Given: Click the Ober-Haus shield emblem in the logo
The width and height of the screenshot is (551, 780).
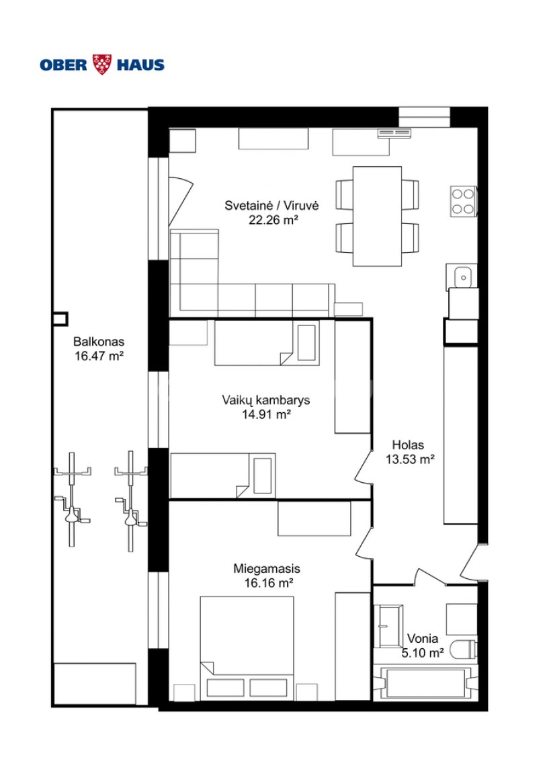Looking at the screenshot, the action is click(x=102, y=65).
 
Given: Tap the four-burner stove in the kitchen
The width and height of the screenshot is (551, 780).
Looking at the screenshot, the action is click(x=463, y=202).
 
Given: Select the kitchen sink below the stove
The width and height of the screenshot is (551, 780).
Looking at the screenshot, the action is click(x=462, y=276).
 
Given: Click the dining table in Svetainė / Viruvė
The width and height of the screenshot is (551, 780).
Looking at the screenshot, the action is click(x=378, y=217).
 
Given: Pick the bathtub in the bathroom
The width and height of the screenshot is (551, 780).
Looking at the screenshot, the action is click(x=426, y=682).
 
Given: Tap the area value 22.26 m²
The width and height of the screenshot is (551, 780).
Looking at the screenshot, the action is click(x=273, y=220).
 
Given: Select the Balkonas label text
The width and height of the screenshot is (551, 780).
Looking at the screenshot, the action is click(x=99, y=342).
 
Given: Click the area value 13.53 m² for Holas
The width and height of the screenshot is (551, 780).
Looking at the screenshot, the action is click(x=411, y=459).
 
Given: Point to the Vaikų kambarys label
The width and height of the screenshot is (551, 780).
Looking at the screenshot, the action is click(x=266, y=400).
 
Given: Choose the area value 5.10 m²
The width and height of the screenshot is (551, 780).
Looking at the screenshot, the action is click(x=423, y=653).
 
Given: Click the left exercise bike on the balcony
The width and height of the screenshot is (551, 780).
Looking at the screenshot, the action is click(x=72, y=499).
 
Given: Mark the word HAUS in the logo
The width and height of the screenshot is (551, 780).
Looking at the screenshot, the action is click(x=140, y=65).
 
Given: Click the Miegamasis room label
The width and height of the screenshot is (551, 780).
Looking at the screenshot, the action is click(x=267, y=569).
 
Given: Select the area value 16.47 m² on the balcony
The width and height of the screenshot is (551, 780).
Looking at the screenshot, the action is click(x=99, y=356).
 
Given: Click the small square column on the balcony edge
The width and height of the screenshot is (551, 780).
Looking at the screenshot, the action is click(x=60, y=319).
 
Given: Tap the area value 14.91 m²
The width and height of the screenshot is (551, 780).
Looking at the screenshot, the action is click(x=266, y=414).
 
